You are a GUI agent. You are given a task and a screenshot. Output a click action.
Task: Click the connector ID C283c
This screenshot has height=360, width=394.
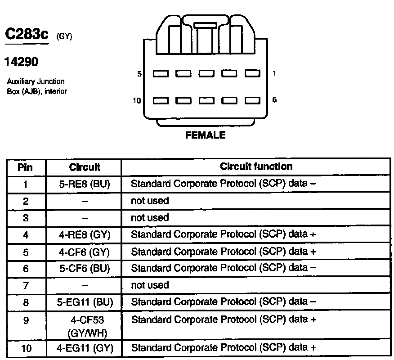(x=26, y=35)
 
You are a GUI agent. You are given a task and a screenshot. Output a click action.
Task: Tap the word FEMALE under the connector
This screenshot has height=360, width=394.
(x=205, y=135)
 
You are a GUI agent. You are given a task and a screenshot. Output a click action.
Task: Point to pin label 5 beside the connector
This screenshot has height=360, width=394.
(x=139, y=74)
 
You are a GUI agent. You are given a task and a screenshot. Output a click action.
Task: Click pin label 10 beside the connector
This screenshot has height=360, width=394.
(x=137, y=100)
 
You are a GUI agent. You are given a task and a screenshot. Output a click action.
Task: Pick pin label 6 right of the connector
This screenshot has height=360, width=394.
(x=274, y=99)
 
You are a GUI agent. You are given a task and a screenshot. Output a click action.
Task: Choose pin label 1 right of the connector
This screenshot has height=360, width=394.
(x=274, y=73)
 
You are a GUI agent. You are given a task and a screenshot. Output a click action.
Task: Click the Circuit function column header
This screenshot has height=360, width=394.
(x=256, y=166)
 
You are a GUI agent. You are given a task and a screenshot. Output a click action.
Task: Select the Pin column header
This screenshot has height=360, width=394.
(x=25, y=167)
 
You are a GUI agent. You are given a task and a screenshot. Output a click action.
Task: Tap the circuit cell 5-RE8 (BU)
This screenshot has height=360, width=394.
(x=84, y=184)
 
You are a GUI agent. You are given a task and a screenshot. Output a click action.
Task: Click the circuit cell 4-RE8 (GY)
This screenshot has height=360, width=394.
(x=84, y=234)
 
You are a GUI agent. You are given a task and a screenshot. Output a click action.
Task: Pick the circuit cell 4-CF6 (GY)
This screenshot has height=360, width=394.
(x=84, y=252)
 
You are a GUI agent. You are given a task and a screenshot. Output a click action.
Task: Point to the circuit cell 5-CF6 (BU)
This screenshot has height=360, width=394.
(x=84, y=268)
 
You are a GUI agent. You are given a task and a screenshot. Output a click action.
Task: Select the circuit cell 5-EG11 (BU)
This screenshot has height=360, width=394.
(x=84, y=302)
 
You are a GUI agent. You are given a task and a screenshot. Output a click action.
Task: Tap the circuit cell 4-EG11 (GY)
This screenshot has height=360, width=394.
(x=84, y=348)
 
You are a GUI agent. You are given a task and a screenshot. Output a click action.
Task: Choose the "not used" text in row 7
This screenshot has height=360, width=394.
(x=150, y=285)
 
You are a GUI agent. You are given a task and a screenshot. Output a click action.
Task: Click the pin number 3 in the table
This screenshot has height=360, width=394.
(x=25, y=218)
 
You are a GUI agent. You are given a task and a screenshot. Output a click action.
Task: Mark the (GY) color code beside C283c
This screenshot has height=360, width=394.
(x=64, y=36)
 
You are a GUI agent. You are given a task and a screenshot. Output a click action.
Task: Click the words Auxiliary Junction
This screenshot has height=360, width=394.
(x=36, y=81)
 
